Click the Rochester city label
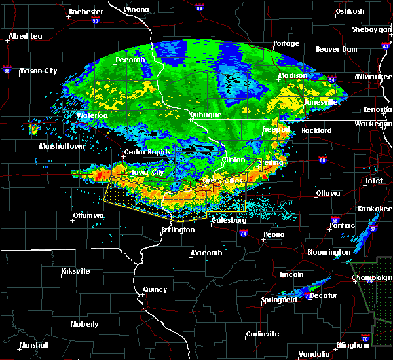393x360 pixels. (x=86, y=12)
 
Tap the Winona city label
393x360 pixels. (x=136, y=10)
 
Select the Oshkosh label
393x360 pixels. (x=349, y=11)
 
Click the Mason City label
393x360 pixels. (x=39, y=71)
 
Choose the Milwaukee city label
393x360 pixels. (x=371, y=77)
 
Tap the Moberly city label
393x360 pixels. (x=84, y=324)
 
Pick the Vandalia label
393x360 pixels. (x=313, y=354)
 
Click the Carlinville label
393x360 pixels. (x=262, y=334)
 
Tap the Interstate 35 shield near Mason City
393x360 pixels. (x=7, y=68)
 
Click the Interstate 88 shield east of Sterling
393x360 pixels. (x=322, y=160)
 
